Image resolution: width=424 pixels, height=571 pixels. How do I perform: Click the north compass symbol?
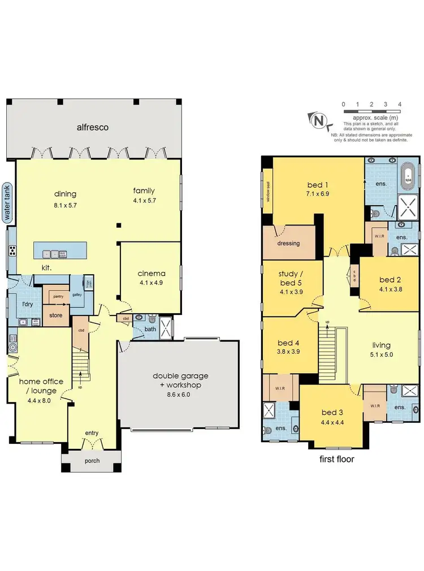pyautogui.click(x=319, y=120)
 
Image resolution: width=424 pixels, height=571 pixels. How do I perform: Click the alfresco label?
pyautogui.click(x=93, y=128)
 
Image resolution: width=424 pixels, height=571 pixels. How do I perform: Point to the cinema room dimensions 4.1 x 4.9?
pyautogui.click(x=150, y=283)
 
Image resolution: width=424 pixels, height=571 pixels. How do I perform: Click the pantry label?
pyautogui.click(x=56, y=296)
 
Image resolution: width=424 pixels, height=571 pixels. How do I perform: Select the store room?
pyautogui.click(x=55, y=315)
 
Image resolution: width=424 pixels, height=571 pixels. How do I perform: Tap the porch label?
pyautogui.click(x=92, y=461)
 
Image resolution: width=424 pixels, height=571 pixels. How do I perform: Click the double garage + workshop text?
pyautogui.click(x=180, y=380)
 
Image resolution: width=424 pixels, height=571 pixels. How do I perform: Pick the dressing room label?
pyautogui.click(x=288, y=243)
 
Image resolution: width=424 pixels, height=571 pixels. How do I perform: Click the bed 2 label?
pyautogui.click(x=390, y=280)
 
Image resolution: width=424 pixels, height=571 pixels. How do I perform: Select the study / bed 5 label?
pyautogui.click(x=292, y=279)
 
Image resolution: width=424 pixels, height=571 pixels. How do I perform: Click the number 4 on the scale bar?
pyautogui.click(x=400, y=105)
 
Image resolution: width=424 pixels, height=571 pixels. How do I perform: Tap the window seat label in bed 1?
pyautogui.click(x=268, y=194)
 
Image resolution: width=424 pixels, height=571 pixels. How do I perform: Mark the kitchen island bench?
pyautogui.click(x=60, y=250)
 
